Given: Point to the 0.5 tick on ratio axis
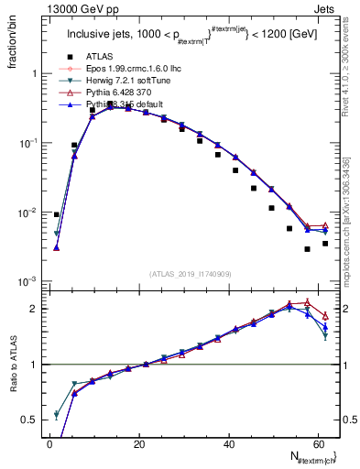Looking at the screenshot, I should [34, 420].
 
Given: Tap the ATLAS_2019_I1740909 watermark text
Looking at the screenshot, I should [191, 272].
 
